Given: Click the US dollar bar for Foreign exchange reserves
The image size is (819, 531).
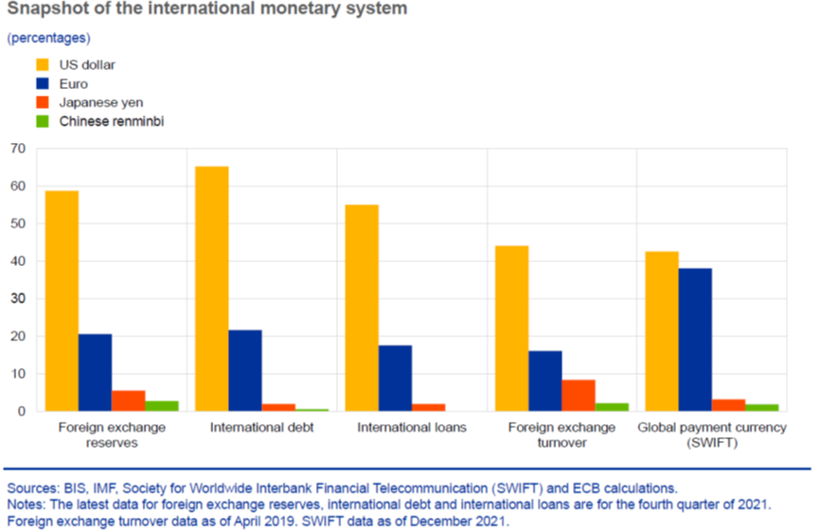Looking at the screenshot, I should (x=62, y=301).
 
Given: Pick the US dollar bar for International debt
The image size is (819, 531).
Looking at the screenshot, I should (x=211, y=289).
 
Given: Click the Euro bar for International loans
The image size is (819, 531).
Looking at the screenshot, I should (x=395, y=379).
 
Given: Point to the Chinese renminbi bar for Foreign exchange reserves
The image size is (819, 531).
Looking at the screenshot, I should (x=161, y=406).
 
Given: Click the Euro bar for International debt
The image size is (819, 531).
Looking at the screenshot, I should (x=245, y=371).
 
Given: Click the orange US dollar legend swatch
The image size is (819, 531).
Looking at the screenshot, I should (x=42, y=65).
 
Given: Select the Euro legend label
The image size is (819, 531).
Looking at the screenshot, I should (x=73, y=84).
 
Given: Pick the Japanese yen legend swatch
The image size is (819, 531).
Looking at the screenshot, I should (x=42, y=102).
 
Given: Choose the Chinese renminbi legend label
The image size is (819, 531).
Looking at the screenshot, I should (x=112, y=121).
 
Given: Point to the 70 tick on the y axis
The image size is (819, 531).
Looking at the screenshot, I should (x=17, y=149).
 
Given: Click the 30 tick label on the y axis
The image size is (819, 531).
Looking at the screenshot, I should (x=17, y=299).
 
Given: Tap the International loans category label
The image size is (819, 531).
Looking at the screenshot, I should (x=412, y=428).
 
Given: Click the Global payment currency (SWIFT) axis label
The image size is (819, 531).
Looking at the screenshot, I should (x=712, y=434).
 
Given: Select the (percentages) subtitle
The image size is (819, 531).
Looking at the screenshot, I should (x=49, y=38).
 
